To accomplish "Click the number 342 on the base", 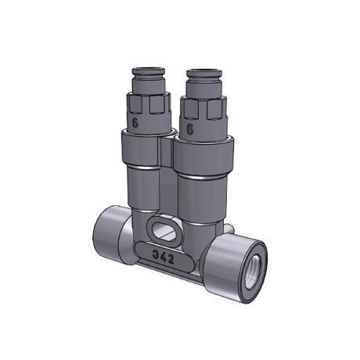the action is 164,257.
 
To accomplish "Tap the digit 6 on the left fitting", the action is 135,122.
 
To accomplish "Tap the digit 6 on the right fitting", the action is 190,129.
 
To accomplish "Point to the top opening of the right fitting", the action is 203,70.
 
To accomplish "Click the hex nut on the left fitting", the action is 149,104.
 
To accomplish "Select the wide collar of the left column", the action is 141,149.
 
